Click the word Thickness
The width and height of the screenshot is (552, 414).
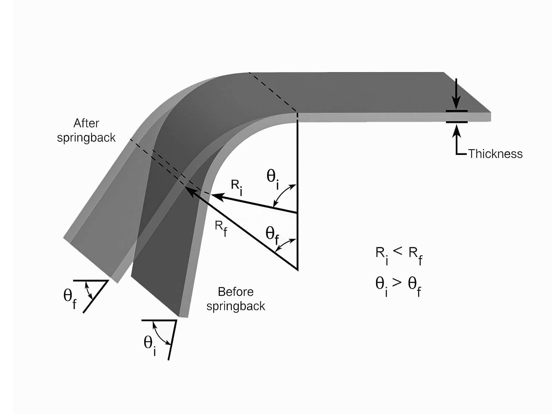coord(495,154)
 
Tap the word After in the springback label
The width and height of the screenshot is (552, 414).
coord(86,123)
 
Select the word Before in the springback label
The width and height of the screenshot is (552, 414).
coord(236,292)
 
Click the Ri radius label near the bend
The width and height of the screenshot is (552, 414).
coord(237,187)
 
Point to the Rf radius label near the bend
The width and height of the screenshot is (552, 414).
coord(221,228)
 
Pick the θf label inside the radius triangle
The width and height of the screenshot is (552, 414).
coord(273,235)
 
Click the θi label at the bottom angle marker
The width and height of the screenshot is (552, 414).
coord(150,345)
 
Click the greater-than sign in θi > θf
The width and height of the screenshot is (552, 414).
coord(397,282)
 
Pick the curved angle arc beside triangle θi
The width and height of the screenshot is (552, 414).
coord(283,194)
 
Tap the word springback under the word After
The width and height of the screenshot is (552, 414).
coord(86,138)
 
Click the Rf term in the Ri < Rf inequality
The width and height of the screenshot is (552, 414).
coord(415,255)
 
